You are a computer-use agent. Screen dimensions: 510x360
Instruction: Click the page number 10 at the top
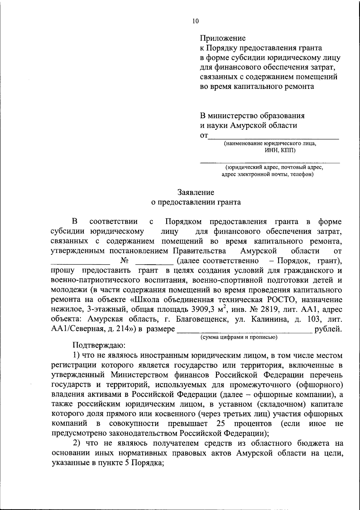coord(195,21)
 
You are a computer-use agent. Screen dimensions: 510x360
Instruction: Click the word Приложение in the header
coord(223,38)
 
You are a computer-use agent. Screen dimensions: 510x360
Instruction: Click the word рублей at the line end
coord(328,329)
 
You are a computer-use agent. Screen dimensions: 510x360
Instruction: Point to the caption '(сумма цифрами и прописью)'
coord(239,337)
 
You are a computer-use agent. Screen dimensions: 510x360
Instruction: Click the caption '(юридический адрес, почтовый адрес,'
coord(274,167)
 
